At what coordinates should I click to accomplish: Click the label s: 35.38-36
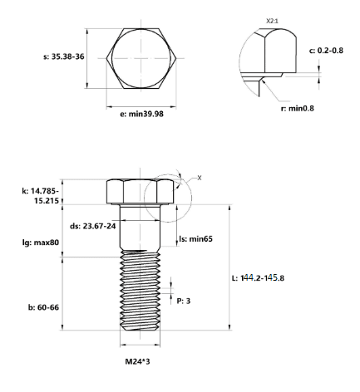(64, 56)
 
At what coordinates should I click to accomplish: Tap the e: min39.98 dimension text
(141, 114)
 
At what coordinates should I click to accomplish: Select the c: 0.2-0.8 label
(326, 51)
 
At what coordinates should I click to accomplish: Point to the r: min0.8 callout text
(298, 108)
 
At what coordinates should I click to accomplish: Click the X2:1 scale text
(272, 21)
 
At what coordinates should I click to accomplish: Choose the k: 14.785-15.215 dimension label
(41, 196)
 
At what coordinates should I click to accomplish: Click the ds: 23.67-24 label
(93, 226)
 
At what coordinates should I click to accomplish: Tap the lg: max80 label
(41, 243)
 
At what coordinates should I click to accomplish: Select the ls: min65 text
(195, 238)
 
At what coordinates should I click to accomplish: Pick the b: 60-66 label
(43, 307)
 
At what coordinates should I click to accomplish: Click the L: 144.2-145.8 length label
(258, 277)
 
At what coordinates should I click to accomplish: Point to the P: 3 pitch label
(184, 301)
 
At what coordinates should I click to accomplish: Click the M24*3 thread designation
(137, 361)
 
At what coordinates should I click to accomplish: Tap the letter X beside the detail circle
(200, 178)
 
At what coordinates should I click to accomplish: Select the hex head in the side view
(141, 192)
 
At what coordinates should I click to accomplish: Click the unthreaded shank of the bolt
(141, 227)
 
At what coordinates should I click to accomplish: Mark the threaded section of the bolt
(141, 290)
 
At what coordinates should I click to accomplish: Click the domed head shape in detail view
(280, 51)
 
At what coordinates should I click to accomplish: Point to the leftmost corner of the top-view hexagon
(106, 58)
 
